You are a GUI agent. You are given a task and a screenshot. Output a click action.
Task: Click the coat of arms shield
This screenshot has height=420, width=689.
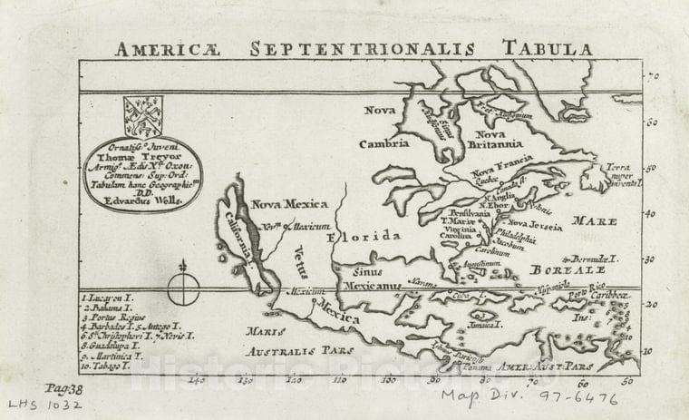tap(142, 116)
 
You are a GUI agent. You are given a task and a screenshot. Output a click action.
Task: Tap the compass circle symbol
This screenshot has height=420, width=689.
tap(184, 289)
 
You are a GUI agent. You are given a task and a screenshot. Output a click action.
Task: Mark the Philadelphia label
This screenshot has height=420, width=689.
tap(513, 239)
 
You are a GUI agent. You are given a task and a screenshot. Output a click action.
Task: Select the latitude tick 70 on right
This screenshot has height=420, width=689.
tap(651, 79)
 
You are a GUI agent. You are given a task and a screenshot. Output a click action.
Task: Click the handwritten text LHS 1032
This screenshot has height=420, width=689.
tap(46, 405)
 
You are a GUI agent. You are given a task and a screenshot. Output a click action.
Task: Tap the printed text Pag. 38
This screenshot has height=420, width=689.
tap(63, 387)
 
